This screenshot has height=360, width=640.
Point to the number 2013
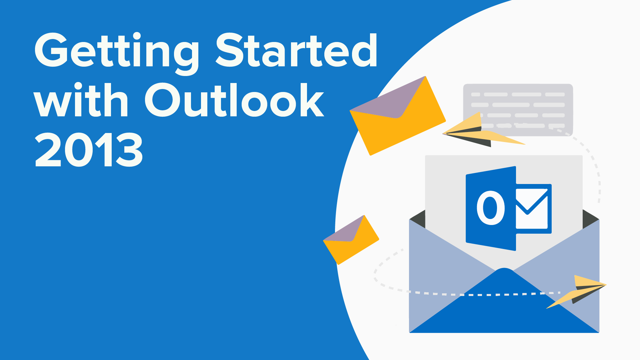tap(89, 150)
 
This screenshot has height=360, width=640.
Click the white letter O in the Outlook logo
tap(491, 208)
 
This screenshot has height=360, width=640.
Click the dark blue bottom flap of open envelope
tap(504, 307)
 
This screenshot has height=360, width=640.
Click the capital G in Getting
tap(51, 50)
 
